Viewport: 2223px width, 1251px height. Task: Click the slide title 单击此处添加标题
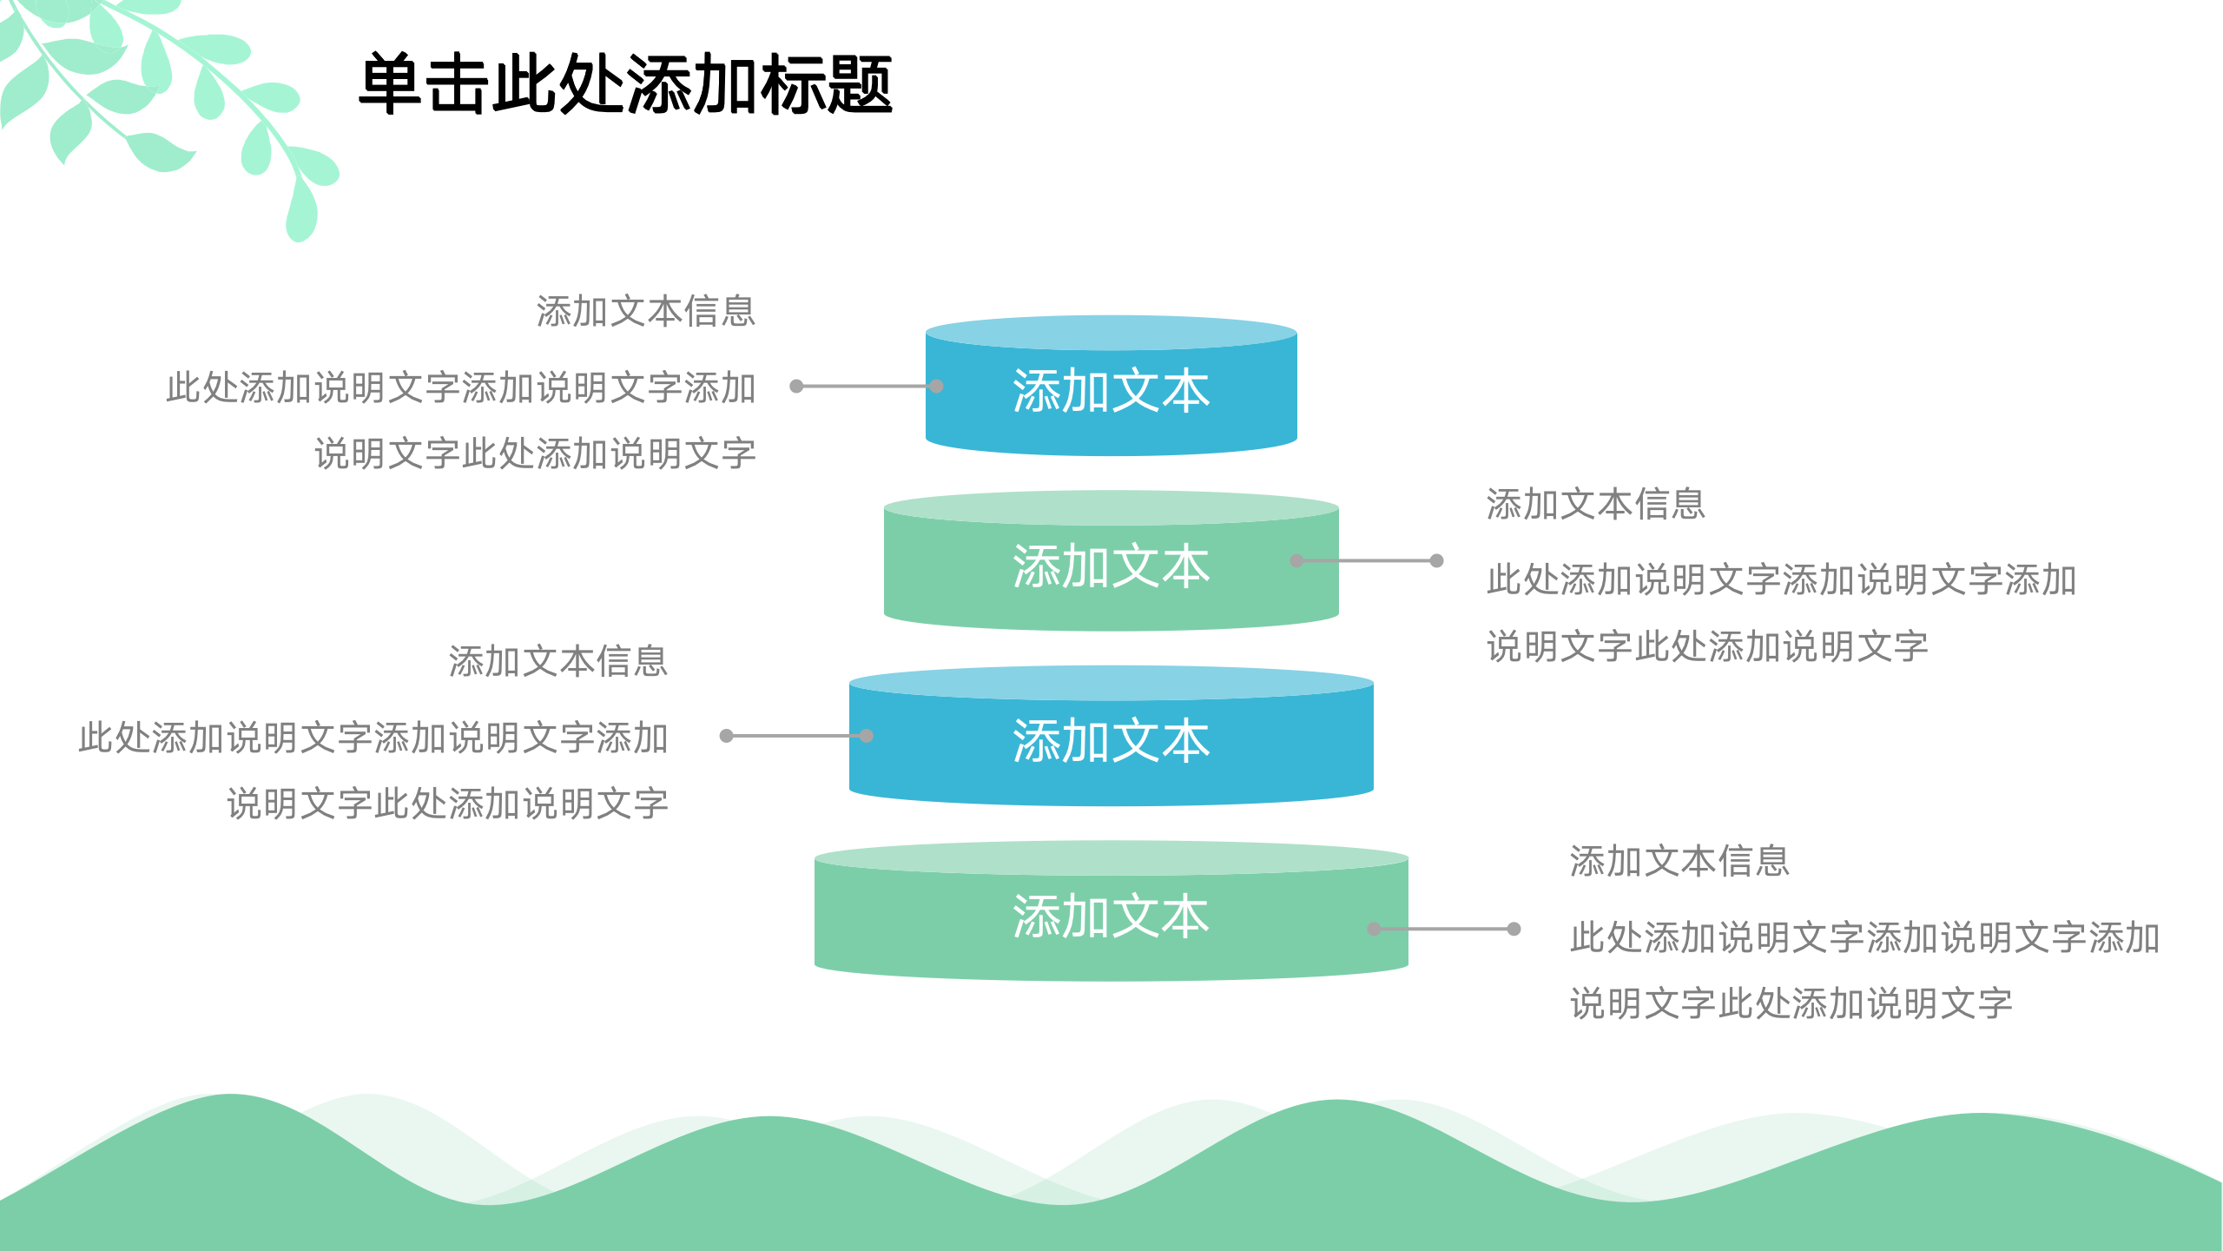click(x=625, y=84)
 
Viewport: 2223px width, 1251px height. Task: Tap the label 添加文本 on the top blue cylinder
click(x=1111, y=391)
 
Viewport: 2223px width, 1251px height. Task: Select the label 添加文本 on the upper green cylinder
click(x=1111, y=566)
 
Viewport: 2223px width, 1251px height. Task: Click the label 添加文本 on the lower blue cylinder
click(x=1111, y=741)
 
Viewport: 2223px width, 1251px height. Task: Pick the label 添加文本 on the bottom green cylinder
click(x=1111, y=917)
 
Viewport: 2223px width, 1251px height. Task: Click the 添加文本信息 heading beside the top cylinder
click(x=645, y=311)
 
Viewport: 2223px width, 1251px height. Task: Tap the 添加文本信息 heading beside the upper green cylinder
click(x=1595, y=504)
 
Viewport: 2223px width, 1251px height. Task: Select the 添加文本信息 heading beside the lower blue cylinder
click(x=557, y=661)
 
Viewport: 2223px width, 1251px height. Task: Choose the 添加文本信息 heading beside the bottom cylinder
click(x=1679, y=861)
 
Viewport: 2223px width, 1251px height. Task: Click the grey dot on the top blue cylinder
click(x=936, y=386)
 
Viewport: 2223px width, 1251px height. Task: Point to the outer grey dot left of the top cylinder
click(x=796, y=386)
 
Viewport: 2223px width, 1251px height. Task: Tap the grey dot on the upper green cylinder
click(x=1297, y=560)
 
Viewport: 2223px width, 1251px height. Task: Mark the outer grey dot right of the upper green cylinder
click(x=1437, y=560)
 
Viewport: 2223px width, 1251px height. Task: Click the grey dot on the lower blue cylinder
click(x=867, y=736)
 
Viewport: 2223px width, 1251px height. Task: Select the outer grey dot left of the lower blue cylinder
click(x=727, y=736)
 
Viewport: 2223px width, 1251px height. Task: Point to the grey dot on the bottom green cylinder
click(x=1375, y=929)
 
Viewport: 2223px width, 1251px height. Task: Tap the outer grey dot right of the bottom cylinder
click(x=1514, y=929)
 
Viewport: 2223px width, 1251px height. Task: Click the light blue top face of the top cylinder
click(x=1111, y=333)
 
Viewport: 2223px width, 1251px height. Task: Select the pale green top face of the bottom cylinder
click(x=1111, y=857)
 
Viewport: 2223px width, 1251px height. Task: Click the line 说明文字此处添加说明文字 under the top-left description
click(x=535, y=453)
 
